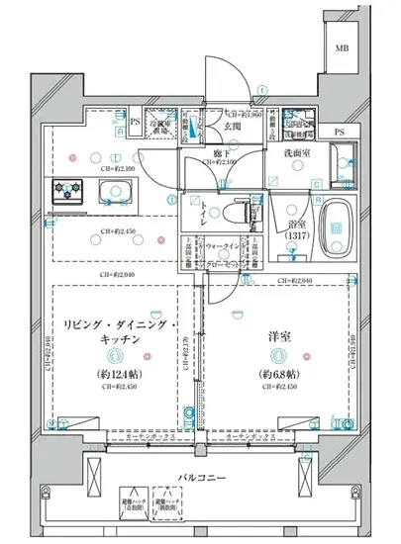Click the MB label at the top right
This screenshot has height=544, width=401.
pyautogui.click(x=340, y=48)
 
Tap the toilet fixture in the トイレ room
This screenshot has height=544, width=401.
pyautogui.click(x=237, y=215)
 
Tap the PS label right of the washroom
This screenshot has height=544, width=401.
pyautogui.click(x=340, y=133)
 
